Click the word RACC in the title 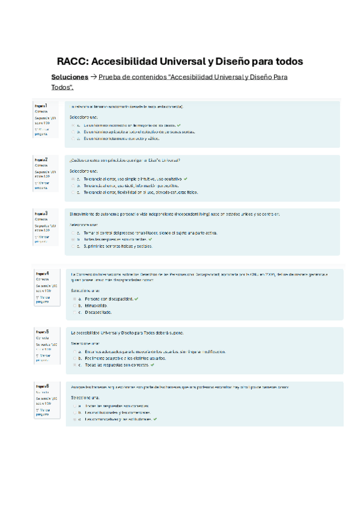point(71,62)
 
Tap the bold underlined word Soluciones point(70,78)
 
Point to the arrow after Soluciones point(93,78)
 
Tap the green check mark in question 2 point(186,179)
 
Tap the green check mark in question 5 point(153,364)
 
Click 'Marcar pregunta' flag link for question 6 point(41,411)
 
